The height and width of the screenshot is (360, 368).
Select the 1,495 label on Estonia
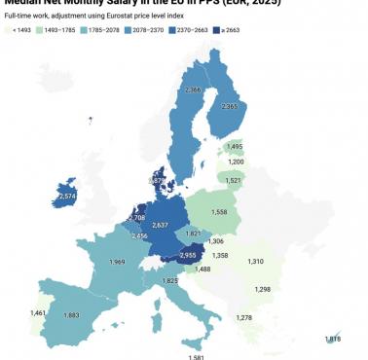234,147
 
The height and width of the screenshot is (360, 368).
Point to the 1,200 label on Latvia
236,162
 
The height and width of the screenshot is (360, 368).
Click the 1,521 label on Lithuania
232,180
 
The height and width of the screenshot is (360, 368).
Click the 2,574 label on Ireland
67,197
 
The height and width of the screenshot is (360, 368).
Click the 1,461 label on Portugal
39,313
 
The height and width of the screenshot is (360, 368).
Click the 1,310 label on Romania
256,262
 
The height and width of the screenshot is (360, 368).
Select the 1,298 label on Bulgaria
262,290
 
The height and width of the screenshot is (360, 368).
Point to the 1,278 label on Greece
243,318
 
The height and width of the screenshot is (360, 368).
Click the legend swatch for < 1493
9,31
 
